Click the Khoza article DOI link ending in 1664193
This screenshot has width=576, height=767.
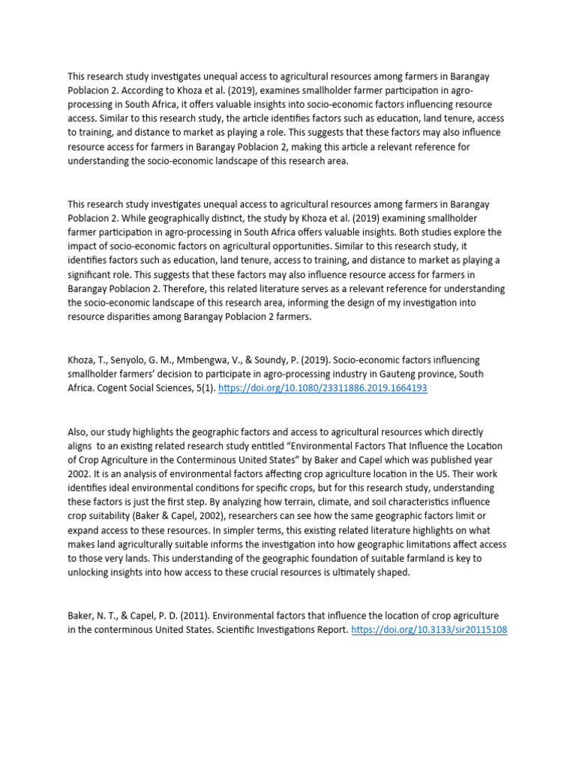coord(322,389)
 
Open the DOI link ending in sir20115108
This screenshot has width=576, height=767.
coord(429,630)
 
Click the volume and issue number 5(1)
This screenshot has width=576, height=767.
coord(204,389)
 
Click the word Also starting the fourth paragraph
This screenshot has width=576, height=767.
coord(79,432)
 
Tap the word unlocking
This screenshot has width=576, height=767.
coord(93,573)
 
